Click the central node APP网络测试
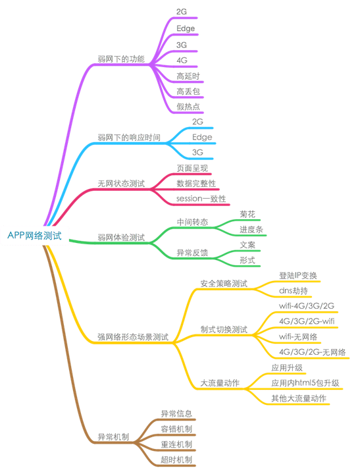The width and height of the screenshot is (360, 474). point(34,236)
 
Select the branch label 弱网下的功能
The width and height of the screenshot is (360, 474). point(121,59)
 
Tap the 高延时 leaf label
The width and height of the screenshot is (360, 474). point(188,76)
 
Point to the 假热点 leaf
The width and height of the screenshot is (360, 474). point(188,107)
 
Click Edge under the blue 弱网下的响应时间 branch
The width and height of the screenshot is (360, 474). point(202,137)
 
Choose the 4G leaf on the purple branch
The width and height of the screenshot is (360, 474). point(182,61)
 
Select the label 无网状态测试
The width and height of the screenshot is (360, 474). point(121,184)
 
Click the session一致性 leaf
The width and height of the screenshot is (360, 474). point(201,199)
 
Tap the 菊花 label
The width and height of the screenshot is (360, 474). point(247,215)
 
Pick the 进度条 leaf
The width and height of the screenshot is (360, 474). point(251,230)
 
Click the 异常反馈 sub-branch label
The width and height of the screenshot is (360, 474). point(192,253)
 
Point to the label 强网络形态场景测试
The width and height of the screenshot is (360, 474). point(133,337)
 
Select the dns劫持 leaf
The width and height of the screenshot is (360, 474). point(293,291)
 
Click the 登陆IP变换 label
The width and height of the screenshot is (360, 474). point(297,275)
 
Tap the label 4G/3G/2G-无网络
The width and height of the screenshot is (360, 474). point(312,352)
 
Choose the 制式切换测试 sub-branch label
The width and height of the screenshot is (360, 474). point(224,330)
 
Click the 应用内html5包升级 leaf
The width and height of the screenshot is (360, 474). point(305,383)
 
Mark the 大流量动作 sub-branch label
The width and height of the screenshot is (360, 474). point(220,383)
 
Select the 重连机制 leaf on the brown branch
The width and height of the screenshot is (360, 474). point(176,444)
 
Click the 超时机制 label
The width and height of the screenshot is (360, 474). point(176,460)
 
